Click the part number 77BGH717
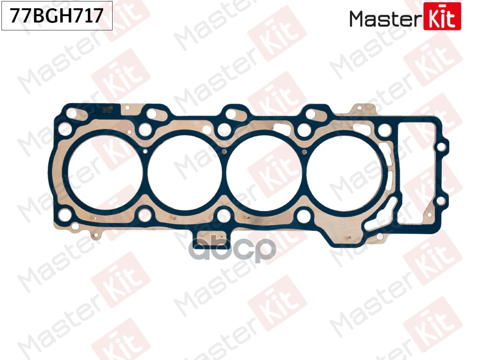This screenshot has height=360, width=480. (57, 17)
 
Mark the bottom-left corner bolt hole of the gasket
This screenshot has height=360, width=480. (65, 214)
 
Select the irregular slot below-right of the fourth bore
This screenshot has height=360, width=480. (378, 220)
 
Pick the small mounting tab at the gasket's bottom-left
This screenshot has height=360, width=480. (93, 235)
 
